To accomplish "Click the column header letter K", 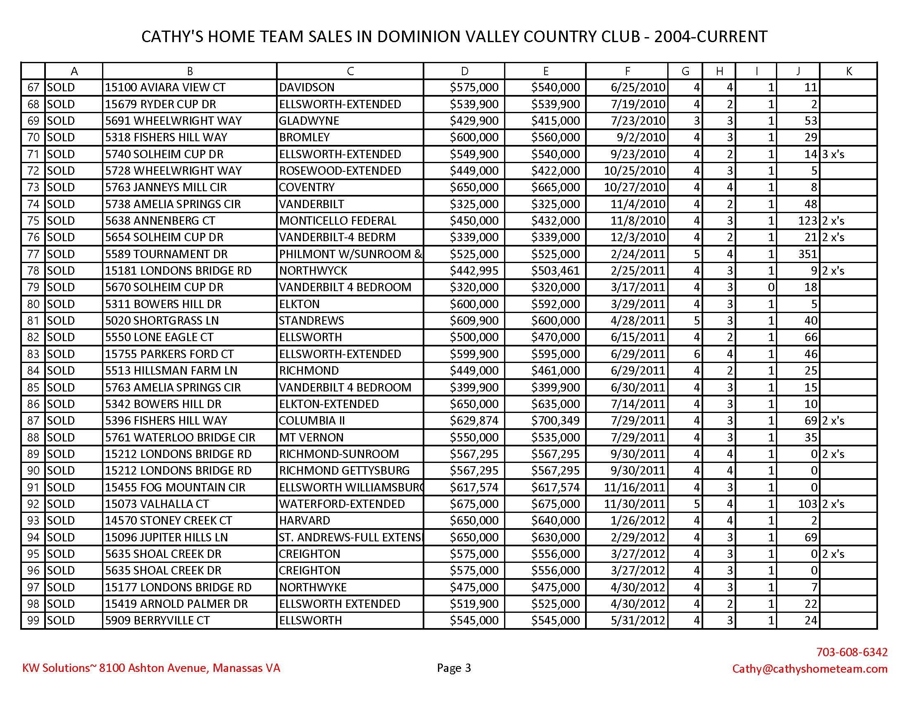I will (849, 71).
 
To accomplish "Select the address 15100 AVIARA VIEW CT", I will (165, 87).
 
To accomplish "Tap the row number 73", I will (33, 187).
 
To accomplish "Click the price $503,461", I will (555, 271).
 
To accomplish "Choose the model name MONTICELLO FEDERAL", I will (338, 221).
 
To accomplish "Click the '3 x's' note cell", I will (833, 154).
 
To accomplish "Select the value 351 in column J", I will (808, 254).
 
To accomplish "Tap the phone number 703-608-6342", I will (852, 652).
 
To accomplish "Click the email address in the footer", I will (809, 669).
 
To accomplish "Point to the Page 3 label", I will (454, 668).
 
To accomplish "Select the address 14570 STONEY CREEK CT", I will (168, 521).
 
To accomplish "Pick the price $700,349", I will (555, 421).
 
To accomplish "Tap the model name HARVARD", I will (304, 521).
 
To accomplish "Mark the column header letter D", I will (464, 71).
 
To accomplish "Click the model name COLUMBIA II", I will (312, 421).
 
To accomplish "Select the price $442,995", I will (474, 271).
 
